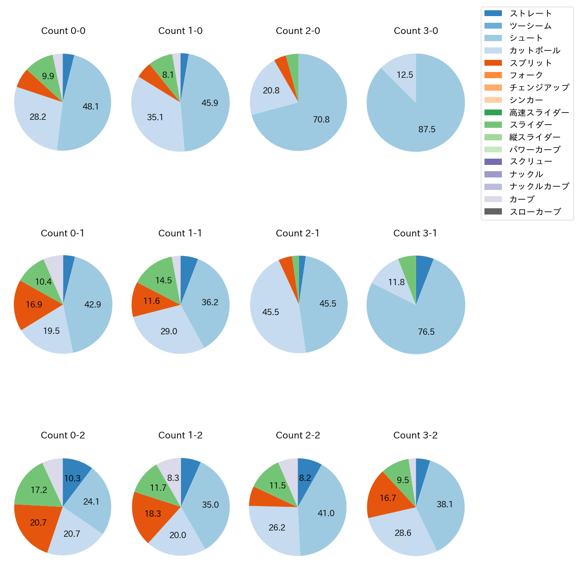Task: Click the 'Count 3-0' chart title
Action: [416, 31]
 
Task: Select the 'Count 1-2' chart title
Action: [180, 435]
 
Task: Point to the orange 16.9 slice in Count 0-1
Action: [36, 305]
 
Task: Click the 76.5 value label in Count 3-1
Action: [426, 332]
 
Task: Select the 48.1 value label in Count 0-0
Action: [91, 106]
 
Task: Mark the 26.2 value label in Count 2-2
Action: [277, 528]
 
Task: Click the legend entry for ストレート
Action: [530, 13]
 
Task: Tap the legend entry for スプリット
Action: [530, 63]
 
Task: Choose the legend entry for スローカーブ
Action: [535, 212]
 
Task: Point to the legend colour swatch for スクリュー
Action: [493, 162]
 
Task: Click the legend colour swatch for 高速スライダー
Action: [493, 112]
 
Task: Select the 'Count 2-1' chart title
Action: [298, 233]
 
